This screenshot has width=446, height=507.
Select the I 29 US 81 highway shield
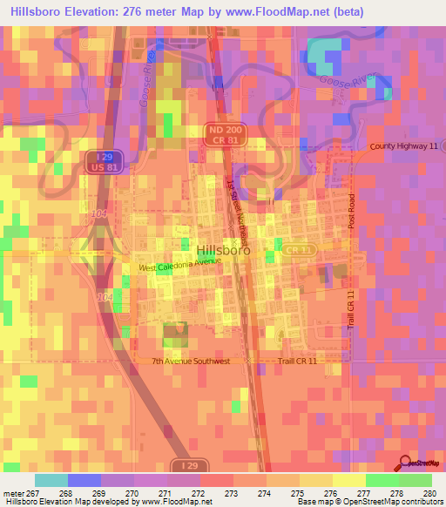104,160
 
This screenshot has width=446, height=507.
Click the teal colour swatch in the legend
51,480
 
